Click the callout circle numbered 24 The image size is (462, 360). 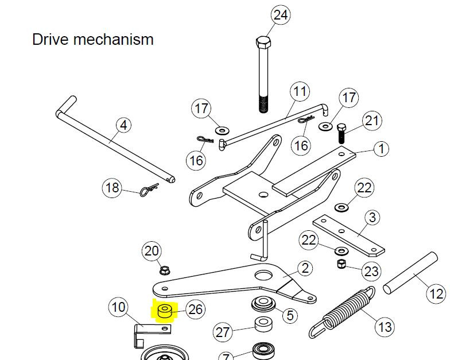tap(280, 16)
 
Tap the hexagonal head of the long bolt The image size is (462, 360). tap(263, 43)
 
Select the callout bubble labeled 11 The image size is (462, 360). tap(299, 91)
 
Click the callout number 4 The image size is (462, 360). tap(122, 125)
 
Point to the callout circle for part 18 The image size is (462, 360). tap(112, 187)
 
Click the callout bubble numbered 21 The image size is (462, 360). tap(372, 121)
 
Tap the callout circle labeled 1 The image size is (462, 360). tap(381, 149)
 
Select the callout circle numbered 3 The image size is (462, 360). tap(372, 218)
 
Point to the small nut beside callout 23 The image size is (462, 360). tap(341, 264)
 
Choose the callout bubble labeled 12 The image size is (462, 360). tap(437, 294)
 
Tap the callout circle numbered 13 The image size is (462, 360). tap(384, 327)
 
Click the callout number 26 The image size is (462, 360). tap(196, 310)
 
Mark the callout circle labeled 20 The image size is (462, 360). tap(152, 251)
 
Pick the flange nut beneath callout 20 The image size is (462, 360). tap(163, 269)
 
